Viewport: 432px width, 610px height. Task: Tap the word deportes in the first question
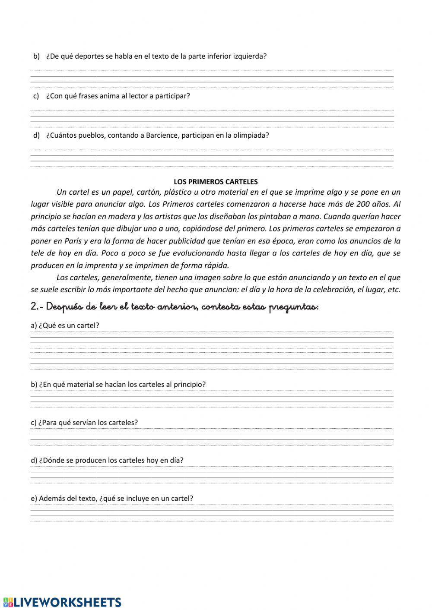pos(90,56)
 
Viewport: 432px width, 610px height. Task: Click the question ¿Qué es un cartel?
pos(65,326)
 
